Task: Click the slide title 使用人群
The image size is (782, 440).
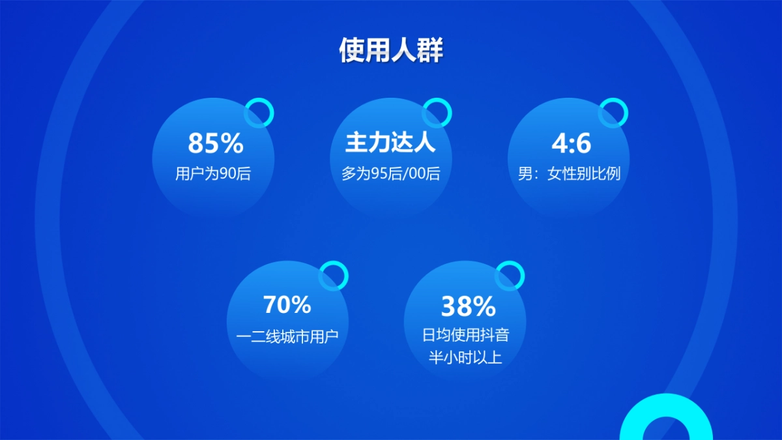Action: (391, 50)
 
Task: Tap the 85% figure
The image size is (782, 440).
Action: (215, 143)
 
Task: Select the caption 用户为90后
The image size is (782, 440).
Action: (213, 175)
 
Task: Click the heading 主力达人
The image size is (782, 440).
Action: (390, 143)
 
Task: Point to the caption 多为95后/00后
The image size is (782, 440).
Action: (391, 175)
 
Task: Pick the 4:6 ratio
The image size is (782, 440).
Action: (571, 143)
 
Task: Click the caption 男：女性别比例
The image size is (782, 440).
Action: (569, 175)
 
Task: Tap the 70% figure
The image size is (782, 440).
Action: (287, 304)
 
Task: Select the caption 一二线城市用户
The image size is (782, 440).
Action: (287, 336)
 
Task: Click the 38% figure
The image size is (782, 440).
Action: (468, 306)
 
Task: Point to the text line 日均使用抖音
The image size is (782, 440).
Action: (465, 336)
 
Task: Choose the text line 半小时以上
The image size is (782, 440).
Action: (465, 357)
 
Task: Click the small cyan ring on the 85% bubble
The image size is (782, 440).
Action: (259, 113)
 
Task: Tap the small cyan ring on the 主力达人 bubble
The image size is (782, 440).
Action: (437, 113)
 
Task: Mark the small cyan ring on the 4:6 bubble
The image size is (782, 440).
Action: (613, 113)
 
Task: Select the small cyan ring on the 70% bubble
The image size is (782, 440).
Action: (334, 275)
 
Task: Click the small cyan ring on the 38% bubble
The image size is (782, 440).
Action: (510, 275)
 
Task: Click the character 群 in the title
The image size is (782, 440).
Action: (430, 50)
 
